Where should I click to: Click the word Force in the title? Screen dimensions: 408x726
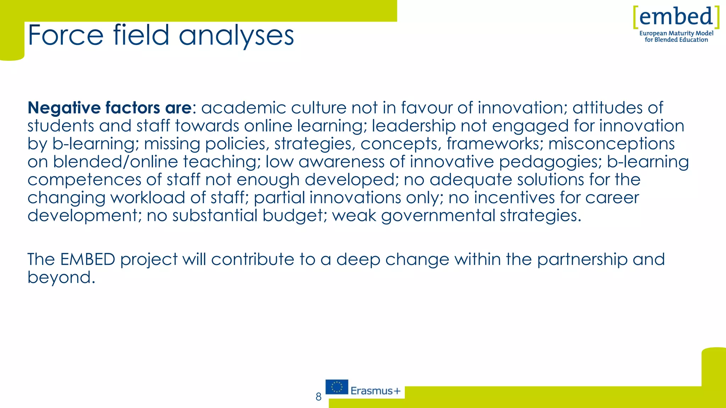[66, 35]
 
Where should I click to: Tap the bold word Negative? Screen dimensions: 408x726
[64, 108]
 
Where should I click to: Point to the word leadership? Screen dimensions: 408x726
[414, 126]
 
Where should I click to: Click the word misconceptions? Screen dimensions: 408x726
[611, 144]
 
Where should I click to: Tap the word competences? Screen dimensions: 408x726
[84, 180]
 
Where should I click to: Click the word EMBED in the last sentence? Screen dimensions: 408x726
[88, 259]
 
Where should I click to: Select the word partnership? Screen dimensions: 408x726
[582, 260]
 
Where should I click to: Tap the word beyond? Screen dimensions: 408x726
[61, 277]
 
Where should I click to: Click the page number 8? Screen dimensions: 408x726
[318, 397]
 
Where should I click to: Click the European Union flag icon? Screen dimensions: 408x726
[337, 387]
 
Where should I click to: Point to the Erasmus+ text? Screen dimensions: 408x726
[375, 391]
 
